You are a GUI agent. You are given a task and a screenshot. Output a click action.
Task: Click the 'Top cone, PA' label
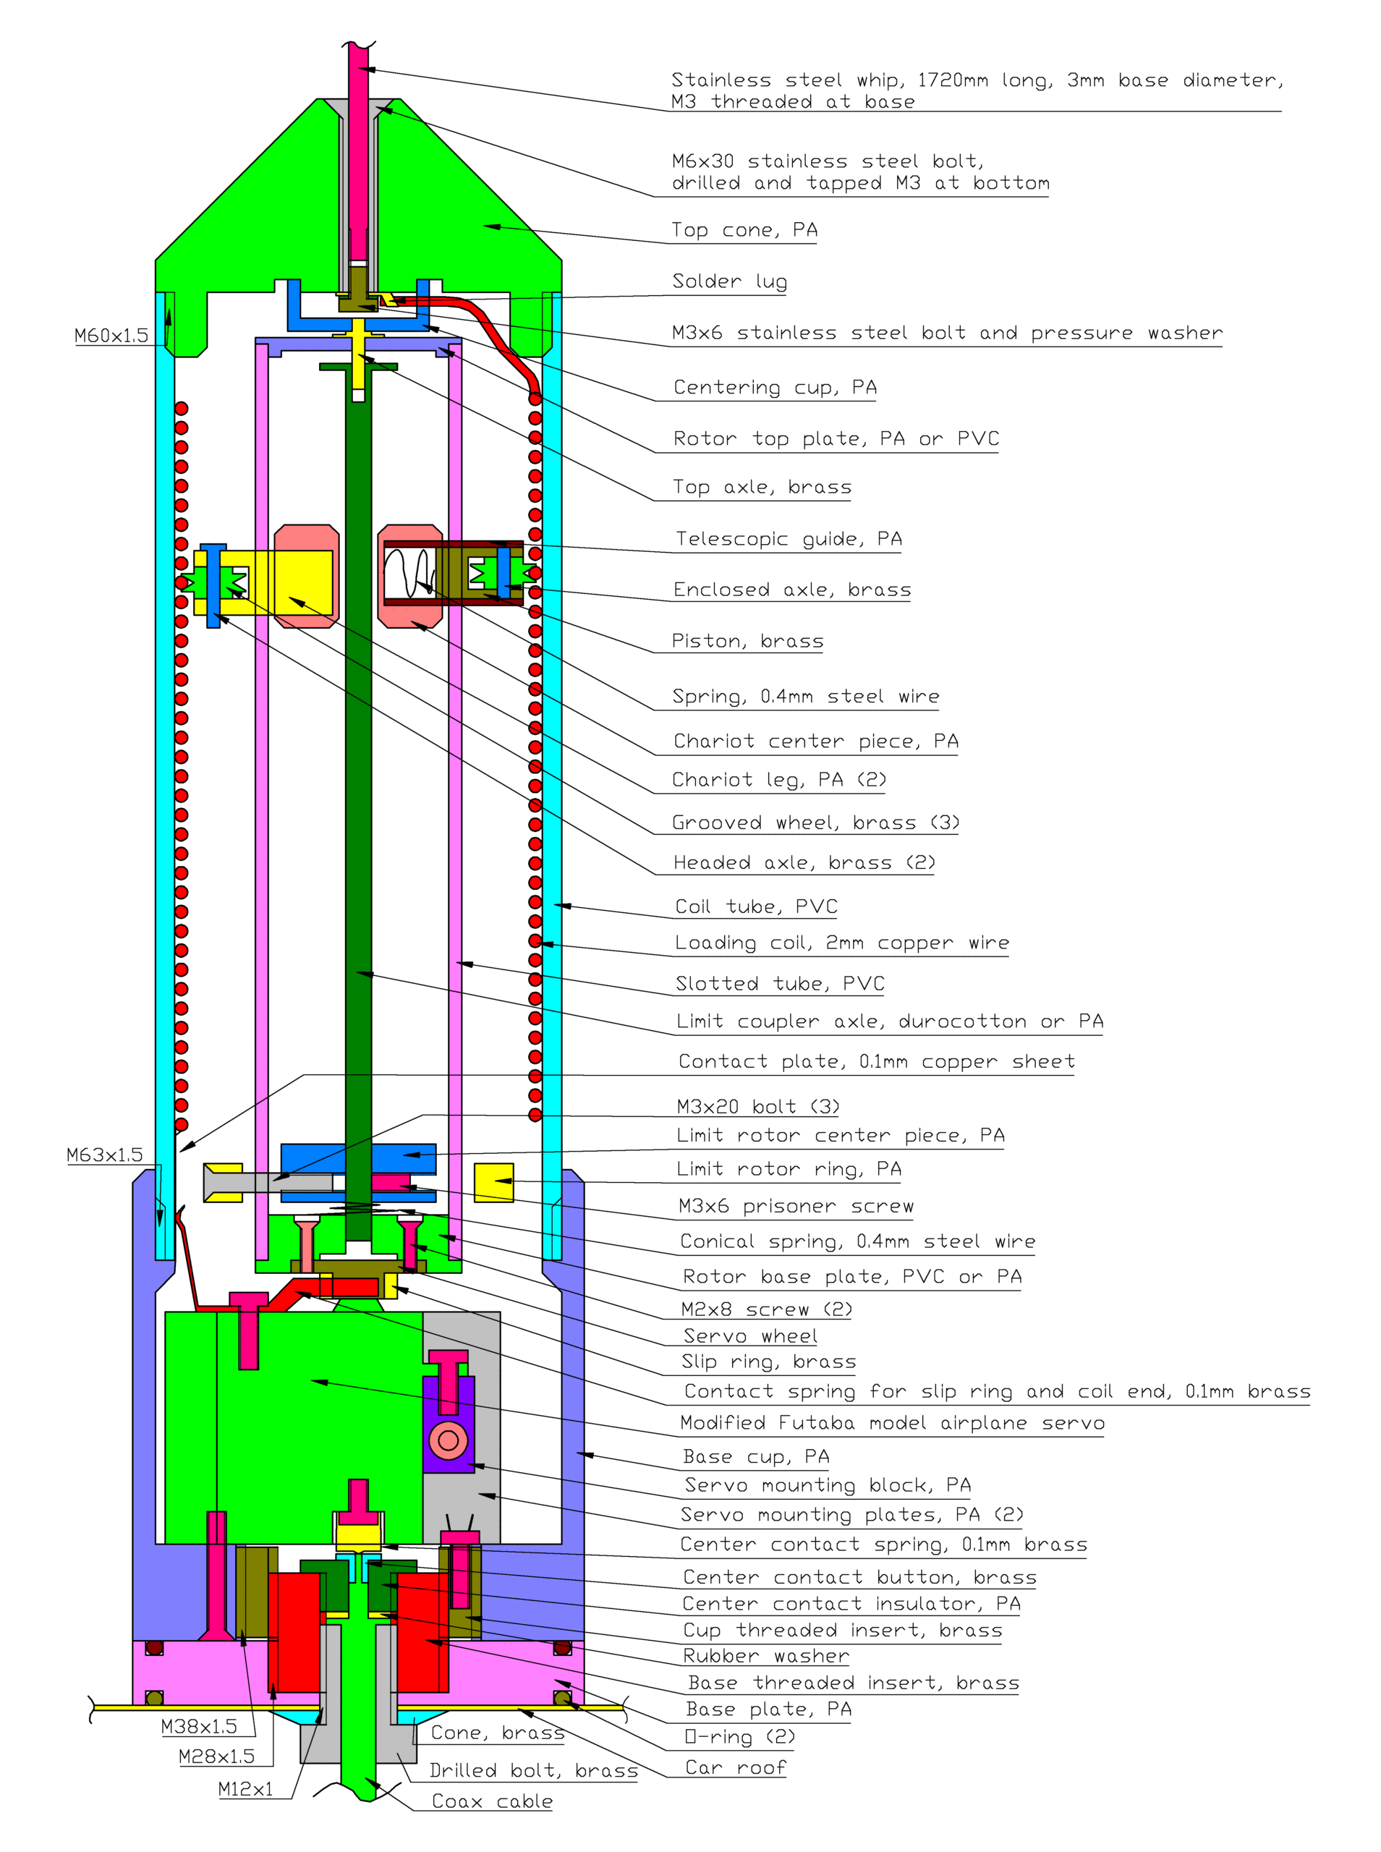tap(744, 230)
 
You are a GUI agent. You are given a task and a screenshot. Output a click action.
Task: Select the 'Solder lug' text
tap(729, 281)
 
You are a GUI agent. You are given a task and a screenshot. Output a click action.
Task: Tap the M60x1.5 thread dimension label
tap(111, 336)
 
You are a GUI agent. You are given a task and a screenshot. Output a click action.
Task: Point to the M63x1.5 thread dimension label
tap(104, 1155)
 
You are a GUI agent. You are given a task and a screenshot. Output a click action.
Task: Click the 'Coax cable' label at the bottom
tap(491, 1801)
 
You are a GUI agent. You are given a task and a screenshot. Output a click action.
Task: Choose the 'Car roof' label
tap(735, 1767)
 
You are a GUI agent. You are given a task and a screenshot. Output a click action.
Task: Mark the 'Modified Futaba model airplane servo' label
tap(891, 1423)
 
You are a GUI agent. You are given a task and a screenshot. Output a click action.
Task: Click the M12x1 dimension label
tap(245, 1789)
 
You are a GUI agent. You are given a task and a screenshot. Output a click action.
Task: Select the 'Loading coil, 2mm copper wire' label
tap(842, 943)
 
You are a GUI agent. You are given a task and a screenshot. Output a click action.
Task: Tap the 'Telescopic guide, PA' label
tap(789, 539)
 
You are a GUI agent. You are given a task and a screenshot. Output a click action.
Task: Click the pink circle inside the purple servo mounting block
tap(448, 1440)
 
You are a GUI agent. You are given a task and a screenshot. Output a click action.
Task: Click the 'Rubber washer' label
tap(766, 1656)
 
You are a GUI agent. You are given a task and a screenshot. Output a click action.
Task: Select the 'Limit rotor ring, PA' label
tap(789, 1169)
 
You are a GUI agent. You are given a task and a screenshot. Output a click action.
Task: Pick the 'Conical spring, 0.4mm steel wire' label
tap(857, 1241)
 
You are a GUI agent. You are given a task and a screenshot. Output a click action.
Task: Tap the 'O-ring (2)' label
tap(739, 1737)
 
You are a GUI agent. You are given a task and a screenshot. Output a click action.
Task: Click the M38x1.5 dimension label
tap(199, 1727)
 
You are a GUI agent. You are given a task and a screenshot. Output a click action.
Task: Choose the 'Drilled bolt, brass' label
tap(533, 1770)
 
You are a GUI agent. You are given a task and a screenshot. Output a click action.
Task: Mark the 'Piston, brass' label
tap(747, 641)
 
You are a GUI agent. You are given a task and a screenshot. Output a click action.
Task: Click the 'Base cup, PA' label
tap(756, 1457)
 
